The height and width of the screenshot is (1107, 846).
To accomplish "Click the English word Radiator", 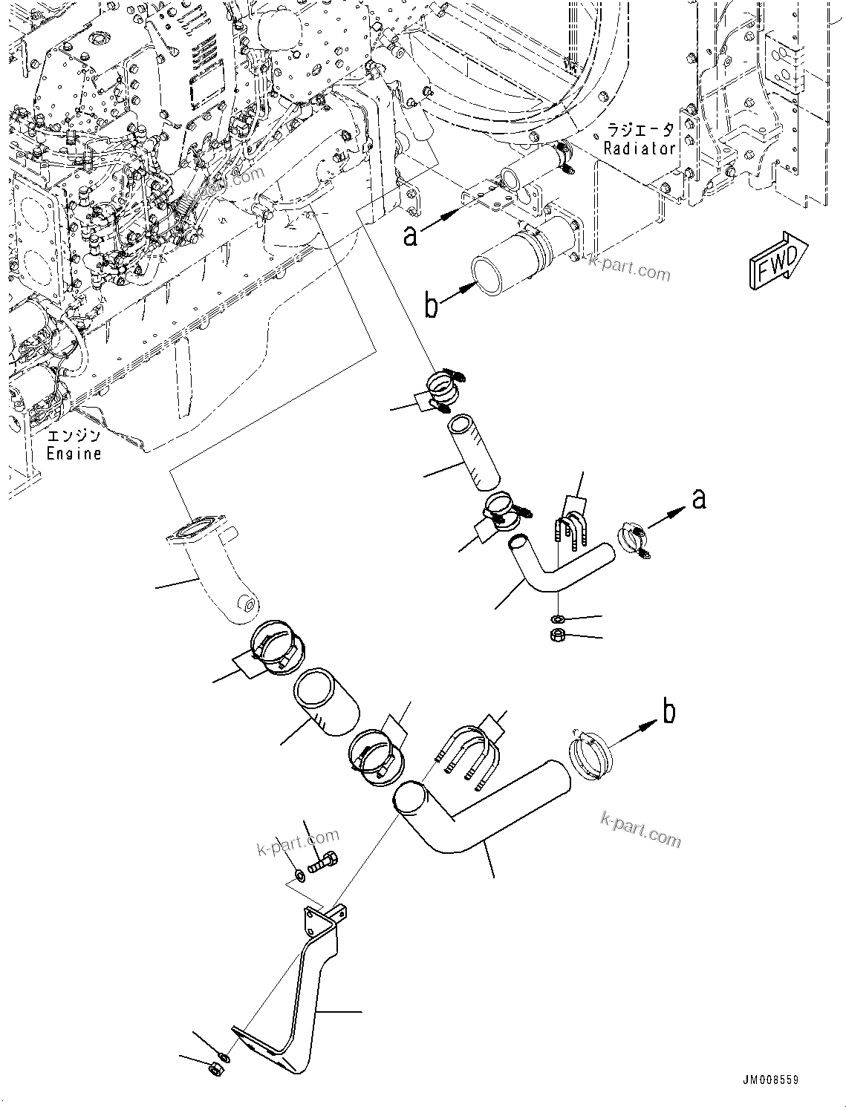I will tap(640, 148).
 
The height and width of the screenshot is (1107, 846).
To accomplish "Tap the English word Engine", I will tap(74, 452).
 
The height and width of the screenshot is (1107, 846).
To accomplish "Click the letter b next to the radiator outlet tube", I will tap(432, 305).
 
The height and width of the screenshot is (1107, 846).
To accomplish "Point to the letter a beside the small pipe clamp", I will tap(698, 499).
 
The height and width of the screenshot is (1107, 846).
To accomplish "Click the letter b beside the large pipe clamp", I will tap(668, 712).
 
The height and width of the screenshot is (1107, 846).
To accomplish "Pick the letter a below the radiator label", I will tap(410, 235).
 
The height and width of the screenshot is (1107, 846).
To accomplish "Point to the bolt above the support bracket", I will tap(324, 863).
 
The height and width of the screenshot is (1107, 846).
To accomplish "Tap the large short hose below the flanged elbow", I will tap(327, 702).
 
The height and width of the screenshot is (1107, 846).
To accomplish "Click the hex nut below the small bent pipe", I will tap(559, 635).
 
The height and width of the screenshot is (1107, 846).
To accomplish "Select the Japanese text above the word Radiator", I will tap(640, 130).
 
